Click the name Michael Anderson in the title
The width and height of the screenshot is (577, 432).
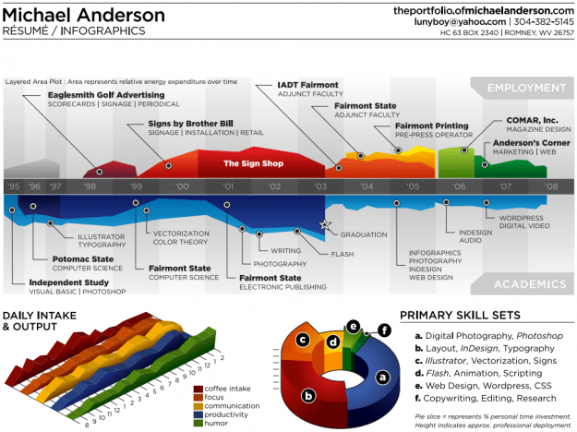85,15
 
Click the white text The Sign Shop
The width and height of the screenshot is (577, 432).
248,164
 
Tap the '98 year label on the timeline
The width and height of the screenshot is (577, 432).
90,186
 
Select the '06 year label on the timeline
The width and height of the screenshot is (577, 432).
459,186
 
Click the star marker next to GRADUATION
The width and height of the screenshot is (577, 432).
324,224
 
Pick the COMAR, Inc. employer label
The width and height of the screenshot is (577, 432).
532,120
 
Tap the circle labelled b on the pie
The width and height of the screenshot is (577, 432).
310,394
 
